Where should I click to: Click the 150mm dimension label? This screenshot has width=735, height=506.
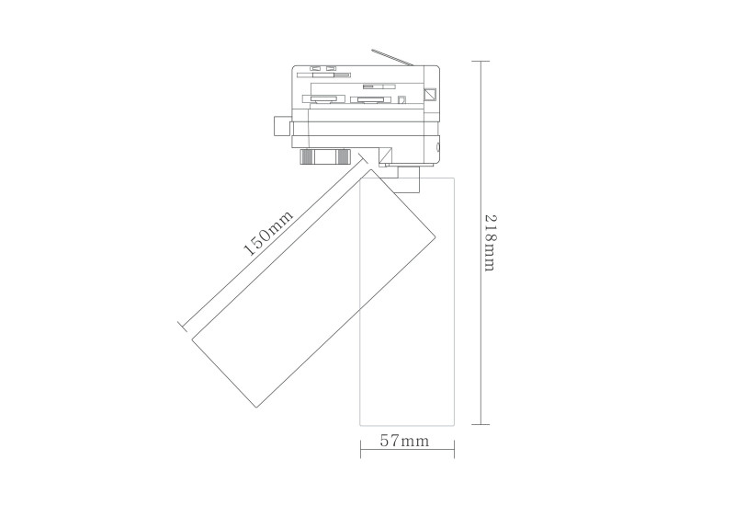coord(269,234)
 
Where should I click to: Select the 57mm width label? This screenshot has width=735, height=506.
coord(405,442)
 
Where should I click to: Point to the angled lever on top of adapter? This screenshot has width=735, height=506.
coord(394,56)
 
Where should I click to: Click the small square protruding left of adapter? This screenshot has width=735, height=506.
coord(281,127)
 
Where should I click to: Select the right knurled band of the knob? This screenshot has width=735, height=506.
coord(343,155)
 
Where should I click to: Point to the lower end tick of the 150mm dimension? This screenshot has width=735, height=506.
coord(181,323)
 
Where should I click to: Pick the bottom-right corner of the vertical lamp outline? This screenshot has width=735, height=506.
coord(456,425)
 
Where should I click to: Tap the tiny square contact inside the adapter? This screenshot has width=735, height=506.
coord(401,98)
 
